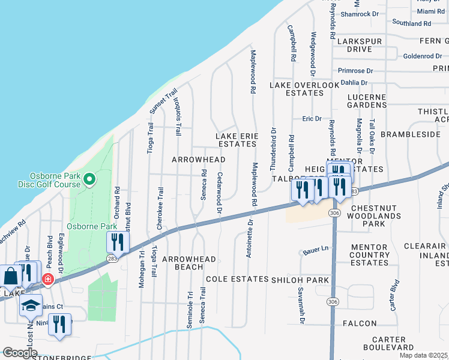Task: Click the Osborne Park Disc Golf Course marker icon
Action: click(x=89, y=179)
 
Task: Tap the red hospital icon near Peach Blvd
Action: click(x=48, y=280)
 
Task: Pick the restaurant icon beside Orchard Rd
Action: click(x=118, y=242)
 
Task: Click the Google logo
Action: click(x=20, y=353)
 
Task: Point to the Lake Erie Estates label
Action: click(x=237, y=140)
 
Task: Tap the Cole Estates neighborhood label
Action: click(x=237, y=280)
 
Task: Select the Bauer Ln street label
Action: click(x=318, y=248)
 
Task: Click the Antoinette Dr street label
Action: click(x=250, y=239)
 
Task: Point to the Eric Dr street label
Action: click(x=312, y=119)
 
